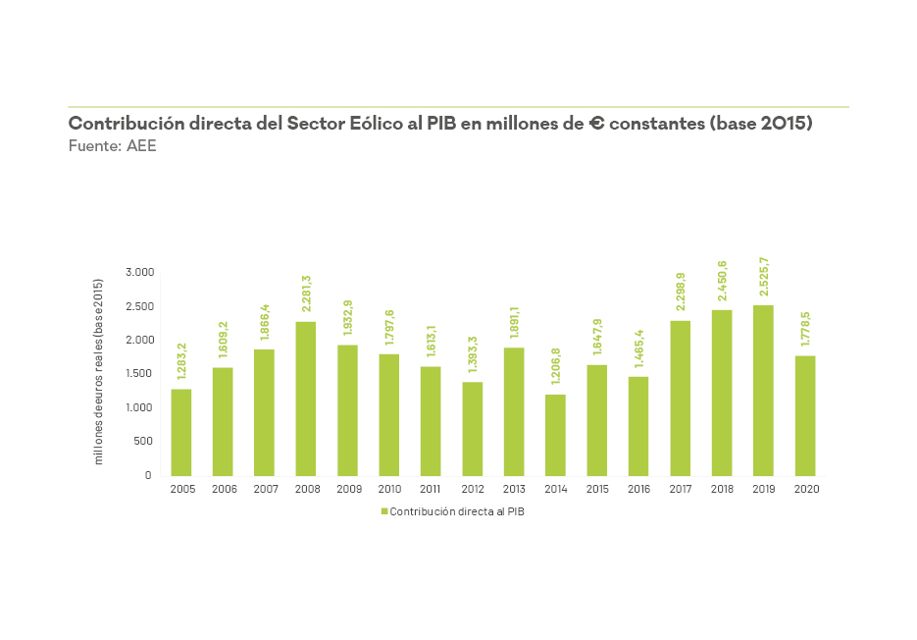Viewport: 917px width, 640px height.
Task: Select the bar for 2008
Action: tap(306, 399)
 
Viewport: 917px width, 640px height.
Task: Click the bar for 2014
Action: tap(555, 435)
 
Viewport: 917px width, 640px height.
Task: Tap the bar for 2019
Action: tap(763, 391)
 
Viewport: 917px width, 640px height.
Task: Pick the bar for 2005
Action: tap(181, 432)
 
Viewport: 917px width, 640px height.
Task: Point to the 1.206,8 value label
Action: tap(556, 367)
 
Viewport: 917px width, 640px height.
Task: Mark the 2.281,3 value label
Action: tap(306, 293)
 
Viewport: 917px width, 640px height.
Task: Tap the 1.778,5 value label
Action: tap(805, 328)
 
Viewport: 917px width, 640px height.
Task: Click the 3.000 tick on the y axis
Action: tap(138, 272)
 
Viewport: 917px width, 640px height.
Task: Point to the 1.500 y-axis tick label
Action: tap(138, 374)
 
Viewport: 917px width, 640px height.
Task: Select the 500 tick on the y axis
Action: tap(142, 441)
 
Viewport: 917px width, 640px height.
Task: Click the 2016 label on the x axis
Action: tap(638, 489)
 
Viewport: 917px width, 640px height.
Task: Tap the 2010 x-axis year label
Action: tap(389, 489)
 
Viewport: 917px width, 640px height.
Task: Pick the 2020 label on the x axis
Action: tap(805, 489)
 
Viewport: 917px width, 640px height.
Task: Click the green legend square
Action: tap(383, 511)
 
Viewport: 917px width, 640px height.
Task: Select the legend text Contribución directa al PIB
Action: tap(457, 511)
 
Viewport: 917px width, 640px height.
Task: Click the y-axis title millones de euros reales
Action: tap(98, 372)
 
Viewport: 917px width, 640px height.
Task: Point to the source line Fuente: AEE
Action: tap(112, 146)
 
